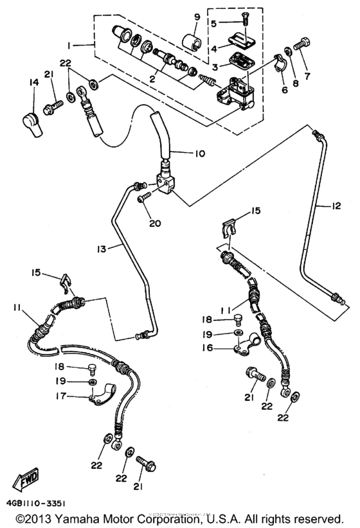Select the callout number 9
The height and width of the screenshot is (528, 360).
[197, 16]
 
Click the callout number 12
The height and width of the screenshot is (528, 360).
[336, 206]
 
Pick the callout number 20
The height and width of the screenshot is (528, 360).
[155, 224]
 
